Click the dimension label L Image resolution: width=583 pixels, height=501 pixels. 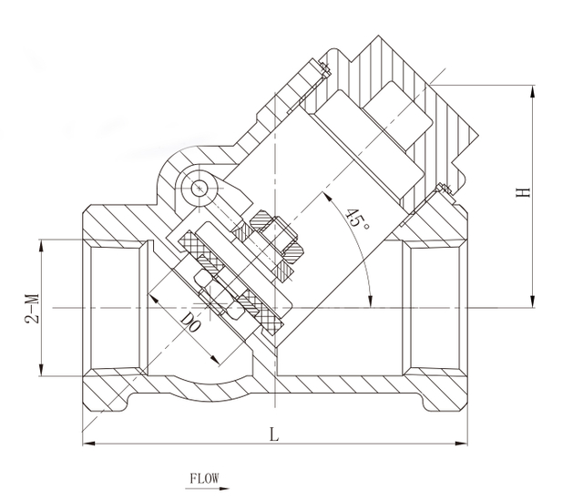[x=273, y=434]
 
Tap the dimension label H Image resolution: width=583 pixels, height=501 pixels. [x=523, y=192]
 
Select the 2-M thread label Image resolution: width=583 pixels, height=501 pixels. [x=33, y=308]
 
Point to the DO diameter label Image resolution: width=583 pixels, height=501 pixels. [x=191, y=322]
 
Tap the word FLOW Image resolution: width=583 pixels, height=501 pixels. [x=204, y=478]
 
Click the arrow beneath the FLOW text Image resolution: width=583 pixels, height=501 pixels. [x=208, y=488]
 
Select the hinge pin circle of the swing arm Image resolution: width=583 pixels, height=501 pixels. [x=199, y=189]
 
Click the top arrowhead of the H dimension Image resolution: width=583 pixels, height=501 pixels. [x=533, y=91]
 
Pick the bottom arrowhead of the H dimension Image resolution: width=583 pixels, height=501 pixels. [x=533, y=302]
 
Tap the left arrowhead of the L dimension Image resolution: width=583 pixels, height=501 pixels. [x=88, y=443]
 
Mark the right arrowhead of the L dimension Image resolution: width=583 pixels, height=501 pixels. [x=462, y=443]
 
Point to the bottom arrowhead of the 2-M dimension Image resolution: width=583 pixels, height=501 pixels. [x=41, y=370]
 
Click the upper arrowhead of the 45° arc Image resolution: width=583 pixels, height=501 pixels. [x=327, y=196]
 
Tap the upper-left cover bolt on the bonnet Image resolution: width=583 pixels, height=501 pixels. [x=325, y=69]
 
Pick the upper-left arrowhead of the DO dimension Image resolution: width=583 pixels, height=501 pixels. [x=154, y=299]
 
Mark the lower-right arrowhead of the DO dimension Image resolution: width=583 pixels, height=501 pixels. [x=214, y=360]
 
